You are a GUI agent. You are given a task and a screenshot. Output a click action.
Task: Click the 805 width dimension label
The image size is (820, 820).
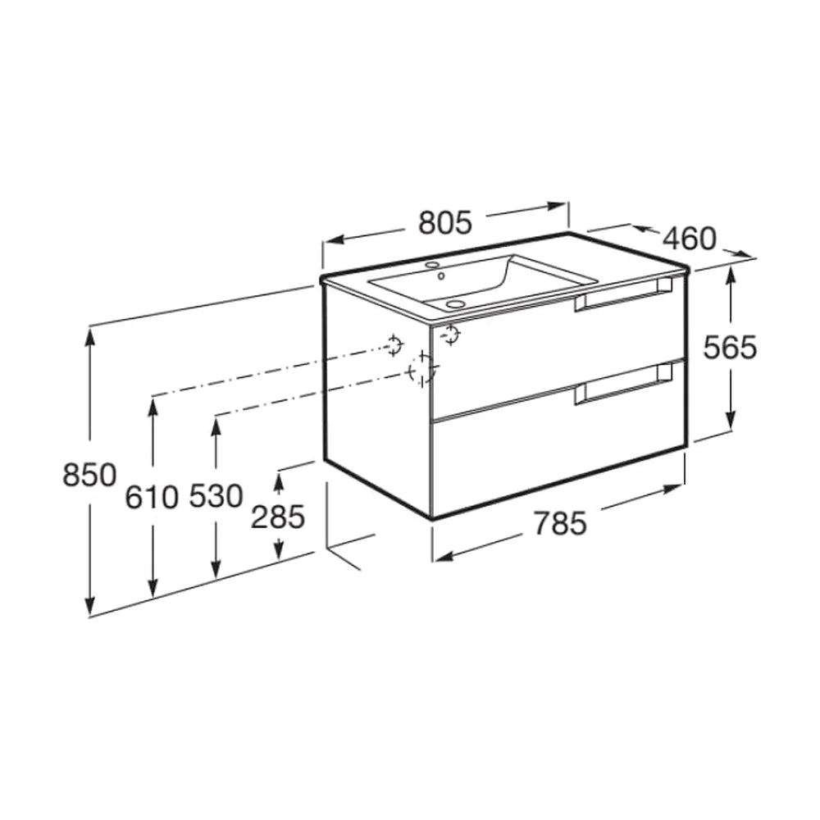[x=445, y=223]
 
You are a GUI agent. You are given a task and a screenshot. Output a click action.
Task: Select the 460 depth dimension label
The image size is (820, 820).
[x=690, y=239]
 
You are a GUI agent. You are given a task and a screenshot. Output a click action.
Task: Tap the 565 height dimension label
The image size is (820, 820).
[x=730, y=348]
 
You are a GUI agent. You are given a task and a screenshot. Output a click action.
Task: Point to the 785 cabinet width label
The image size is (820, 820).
[x=560, y=523]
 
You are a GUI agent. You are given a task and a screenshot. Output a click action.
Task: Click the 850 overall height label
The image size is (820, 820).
[x=89, y=476]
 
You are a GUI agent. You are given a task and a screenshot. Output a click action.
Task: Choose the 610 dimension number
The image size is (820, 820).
[x=152, y=497]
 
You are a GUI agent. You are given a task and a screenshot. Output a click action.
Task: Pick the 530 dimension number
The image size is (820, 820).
[x=216, y=496]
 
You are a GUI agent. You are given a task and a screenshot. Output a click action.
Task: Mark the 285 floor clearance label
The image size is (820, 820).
[x=278, y=517]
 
